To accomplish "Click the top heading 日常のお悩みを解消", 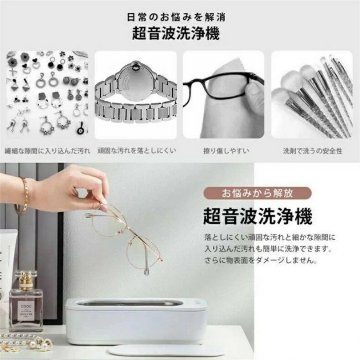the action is click(176, 17).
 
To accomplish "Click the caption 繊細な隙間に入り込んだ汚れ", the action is click(47, 151).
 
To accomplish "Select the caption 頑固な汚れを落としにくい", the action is click(137, 151).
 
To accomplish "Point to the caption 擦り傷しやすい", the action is click(226, 151).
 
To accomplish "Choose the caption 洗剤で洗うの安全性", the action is click(313, 151).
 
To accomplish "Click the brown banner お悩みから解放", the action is click(257, 193).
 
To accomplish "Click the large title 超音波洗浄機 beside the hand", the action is click(257, 216).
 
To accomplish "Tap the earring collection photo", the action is click(47, 94).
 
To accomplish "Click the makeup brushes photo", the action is click(312, 94).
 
